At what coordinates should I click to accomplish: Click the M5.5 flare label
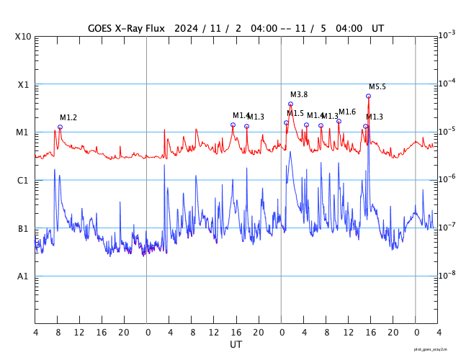pos(377,87)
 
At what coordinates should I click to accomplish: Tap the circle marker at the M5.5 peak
pos(368,96)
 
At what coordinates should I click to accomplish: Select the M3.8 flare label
pos(299,95)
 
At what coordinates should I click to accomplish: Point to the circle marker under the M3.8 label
pos(290,104)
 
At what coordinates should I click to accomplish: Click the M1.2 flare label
pos(68,117)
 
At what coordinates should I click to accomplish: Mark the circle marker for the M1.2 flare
pos(60,127)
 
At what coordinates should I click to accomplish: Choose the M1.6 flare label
pos(347,112)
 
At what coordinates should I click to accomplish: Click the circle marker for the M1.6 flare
pos(339,121)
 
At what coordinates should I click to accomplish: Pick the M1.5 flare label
pos(295,113)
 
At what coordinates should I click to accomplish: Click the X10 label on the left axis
pos(24,36)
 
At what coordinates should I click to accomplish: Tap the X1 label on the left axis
pos(24,84)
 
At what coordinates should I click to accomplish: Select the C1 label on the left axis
pos(24,181)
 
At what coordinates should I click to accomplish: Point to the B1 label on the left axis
pos(24,229)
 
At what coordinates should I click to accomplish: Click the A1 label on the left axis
pos(24,276)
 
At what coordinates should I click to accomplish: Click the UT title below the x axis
pos(236,345)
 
